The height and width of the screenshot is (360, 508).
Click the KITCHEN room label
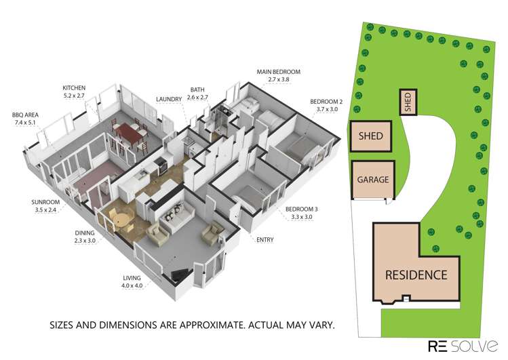coord(73,88)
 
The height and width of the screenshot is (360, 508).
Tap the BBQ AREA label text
coord(24,115)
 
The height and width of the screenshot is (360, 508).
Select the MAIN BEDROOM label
coord(278,71)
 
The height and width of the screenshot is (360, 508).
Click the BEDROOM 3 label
coord(302,209)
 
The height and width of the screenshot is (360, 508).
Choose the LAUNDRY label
coord(169,99)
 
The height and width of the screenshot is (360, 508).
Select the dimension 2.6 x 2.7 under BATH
coord(197,98)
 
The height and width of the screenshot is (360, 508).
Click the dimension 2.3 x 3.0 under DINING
coord(86,241)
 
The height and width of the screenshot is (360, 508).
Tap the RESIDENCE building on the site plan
coord(416,275)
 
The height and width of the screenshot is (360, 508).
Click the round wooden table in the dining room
coord(120,218)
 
